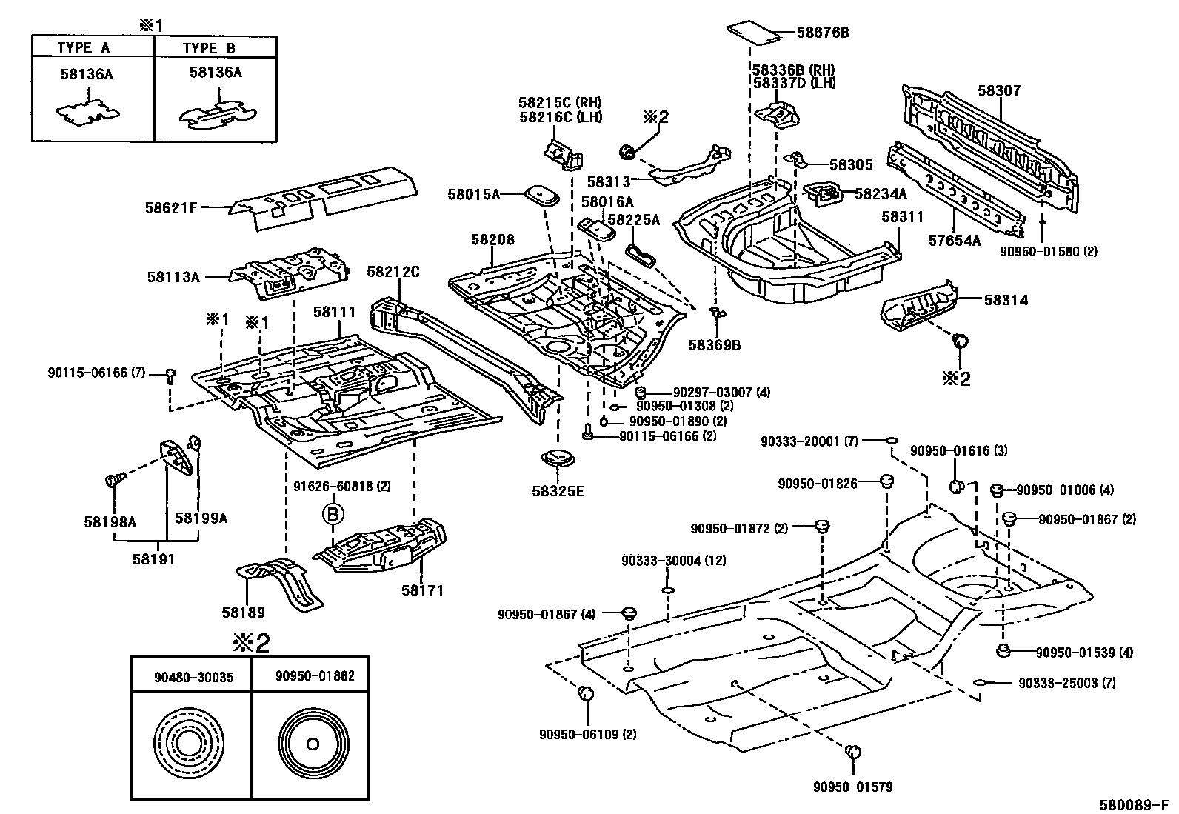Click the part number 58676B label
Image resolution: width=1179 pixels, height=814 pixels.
pos(822,33)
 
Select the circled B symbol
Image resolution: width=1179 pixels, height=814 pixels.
pos(333,513)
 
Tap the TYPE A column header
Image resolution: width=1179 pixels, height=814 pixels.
pos(84,48)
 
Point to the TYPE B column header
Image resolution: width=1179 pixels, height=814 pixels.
pos(209,48)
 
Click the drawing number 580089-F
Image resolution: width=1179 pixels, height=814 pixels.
pos(1137,804)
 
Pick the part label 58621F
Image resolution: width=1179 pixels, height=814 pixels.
pos(171,208)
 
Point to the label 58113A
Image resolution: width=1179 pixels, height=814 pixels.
pos(173,277)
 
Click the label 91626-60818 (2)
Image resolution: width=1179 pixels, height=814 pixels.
pos(338,487)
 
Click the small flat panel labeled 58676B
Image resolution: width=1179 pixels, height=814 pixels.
pos(752,31)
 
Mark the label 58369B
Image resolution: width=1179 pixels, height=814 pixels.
pos(714,345)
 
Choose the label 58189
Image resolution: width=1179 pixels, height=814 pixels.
pos(243,613)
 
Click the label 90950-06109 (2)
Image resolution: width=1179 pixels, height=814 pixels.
pos(588,735)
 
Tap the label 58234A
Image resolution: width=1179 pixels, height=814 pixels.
pos(880,193)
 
